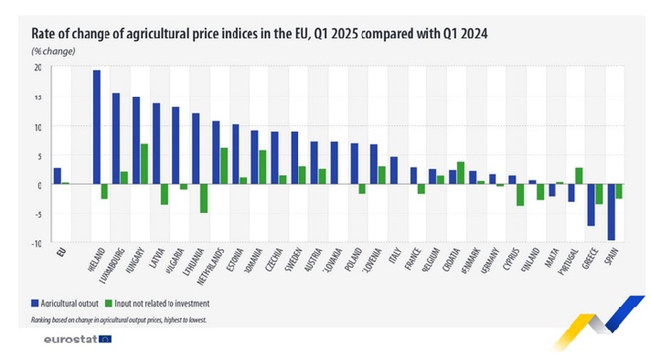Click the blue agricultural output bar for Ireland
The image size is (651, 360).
[x=96, y=127]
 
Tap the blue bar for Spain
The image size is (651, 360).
[x=611, y=212]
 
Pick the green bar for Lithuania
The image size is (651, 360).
[x=203, y=199]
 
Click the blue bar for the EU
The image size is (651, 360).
[x=57, y=176]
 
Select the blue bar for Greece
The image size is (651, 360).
[x=591, y=205]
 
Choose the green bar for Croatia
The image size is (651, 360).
[x=460, y=173]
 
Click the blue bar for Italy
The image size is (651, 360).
[x=394, y=171]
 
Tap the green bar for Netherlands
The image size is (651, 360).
[x=223, y=166]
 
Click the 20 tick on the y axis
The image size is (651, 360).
[x=38, y=67]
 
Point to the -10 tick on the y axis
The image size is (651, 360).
[x=37, y=243]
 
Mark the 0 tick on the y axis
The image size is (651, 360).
[x=40, y=185]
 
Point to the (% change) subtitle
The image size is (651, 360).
[x=53, y=51]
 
